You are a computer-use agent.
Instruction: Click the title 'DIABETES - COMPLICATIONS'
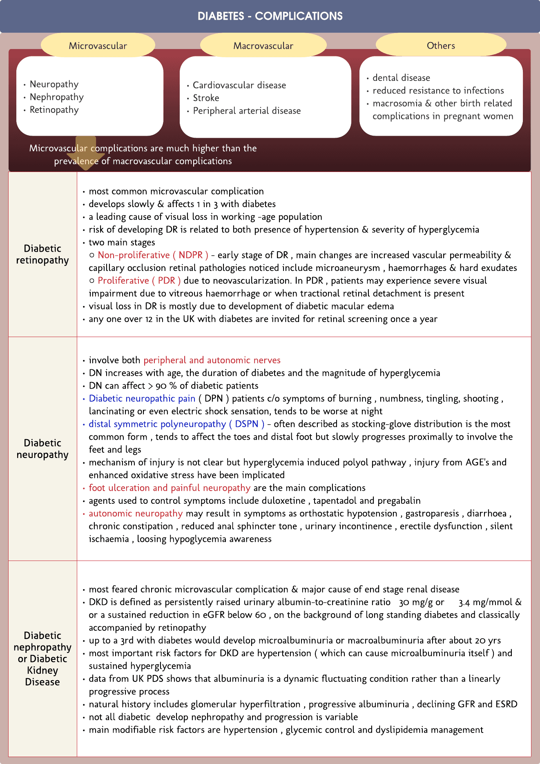click(270, 16)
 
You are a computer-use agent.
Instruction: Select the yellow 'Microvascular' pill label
click(98, 45)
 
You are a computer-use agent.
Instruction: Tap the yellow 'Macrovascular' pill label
click(263, 45)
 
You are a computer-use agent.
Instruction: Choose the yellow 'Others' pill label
click(441, 45)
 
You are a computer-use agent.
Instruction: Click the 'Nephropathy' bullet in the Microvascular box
click(56, 97)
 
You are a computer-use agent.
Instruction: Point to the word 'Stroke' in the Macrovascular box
click(206, 98)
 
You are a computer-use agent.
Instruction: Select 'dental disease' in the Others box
click(401, 78)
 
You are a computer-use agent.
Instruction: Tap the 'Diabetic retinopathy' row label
click(42, 254)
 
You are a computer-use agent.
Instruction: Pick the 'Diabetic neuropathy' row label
click(42, 449)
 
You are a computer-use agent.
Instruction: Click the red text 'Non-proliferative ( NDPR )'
click(153, 255)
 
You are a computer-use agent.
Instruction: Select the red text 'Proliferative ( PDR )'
click(139, 281)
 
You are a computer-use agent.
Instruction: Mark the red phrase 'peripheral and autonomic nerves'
click(212, 360)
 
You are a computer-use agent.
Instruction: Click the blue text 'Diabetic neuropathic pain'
click(142, 398)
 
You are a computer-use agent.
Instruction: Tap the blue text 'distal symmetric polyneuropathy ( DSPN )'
click(176, 424)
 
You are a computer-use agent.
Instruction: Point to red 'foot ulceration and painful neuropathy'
click(170, 488)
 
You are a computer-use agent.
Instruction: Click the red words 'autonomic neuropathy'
click(136, 514)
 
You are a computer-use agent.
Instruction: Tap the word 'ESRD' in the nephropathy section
click(506, 704)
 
